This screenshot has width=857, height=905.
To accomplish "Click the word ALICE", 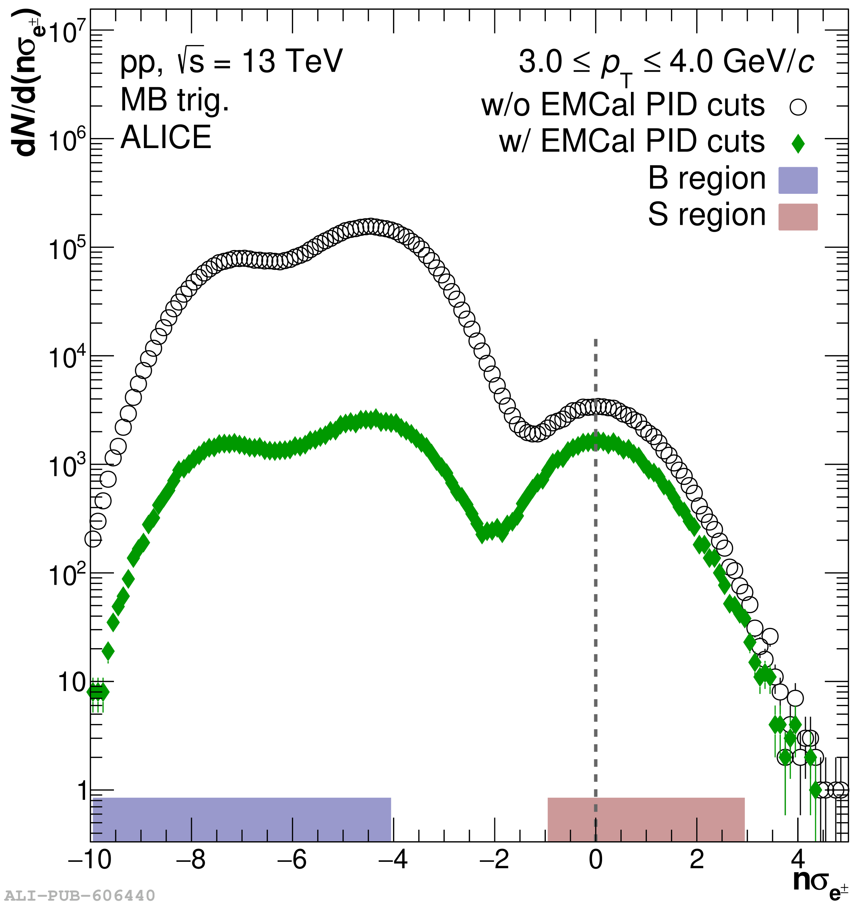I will [166, 137].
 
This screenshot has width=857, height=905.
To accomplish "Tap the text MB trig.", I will [175, 99].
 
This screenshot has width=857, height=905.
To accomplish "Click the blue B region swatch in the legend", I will [798, 180].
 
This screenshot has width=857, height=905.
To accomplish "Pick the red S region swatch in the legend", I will [798, 217].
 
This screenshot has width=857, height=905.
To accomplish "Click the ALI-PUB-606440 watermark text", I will [80, 895].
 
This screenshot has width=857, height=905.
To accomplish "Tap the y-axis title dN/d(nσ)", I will [26, 82].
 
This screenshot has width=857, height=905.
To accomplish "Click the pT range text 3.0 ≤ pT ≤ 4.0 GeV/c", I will [666, 63].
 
